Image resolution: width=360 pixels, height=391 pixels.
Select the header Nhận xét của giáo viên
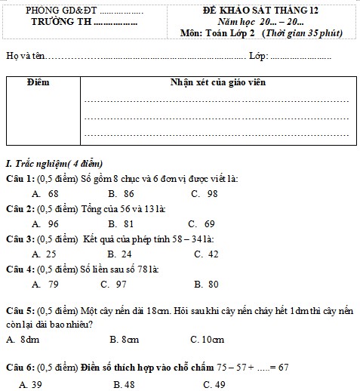coord(217,81)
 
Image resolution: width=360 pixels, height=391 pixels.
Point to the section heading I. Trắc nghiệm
coord(54,164)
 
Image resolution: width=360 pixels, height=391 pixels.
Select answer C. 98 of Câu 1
coord(205,193)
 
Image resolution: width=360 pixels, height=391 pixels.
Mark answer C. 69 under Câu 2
coord(202,223)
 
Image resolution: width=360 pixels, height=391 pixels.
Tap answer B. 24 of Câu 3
coord(120,254)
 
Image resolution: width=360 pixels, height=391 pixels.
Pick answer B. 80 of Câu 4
coord(206,284)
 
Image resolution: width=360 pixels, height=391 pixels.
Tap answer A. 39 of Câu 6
coord(31,384)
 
